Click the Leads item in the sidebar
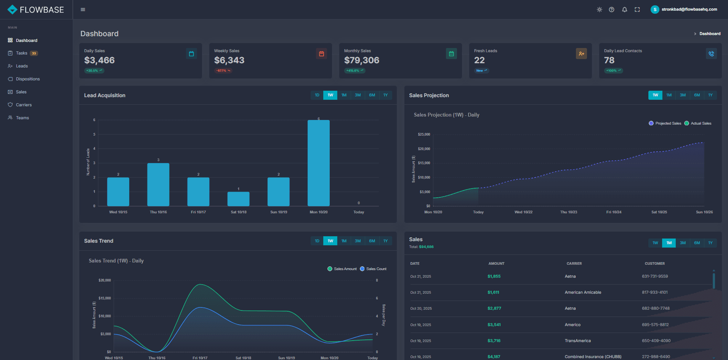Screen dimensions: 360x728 click(22, 66)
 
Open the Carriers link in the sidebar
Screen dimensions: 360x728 click(24, 105)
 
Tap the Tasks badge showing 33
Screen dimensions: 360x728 click(34, 53)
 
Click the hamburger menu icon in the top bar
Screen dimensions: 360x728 click(83, 10)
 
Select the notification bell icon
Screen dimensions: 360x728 click(624, 10)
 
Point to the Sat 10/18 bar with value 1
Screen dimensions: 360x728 click(239, 199)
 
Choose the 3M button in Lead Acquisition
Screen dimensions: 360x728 click(358, 95)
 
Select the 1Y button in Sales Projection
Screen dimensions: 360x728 click(710, 95)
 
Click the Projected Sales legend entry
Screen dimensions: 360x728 click(665, 123)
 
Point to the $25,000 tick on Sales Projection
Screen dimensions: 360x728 click(424, 134)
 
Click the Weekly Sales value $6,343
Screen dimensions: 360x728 click(229, 60)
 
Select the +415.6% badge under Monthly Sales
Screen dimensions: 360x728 click(354, 70)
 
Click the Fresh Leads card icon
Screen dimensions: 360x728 click(581, 54)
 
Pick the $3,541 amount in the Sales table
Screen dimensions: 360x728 click(494, 325)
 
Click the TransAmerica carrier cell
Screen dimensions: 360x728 click(577, 341)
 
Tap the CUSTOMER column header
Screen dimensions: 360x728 click(654, 264)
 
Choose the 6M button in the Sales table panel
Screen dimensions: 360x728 click(697, 243)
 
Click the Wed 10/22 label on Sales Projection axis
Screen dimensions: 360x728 click(523, 212)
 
